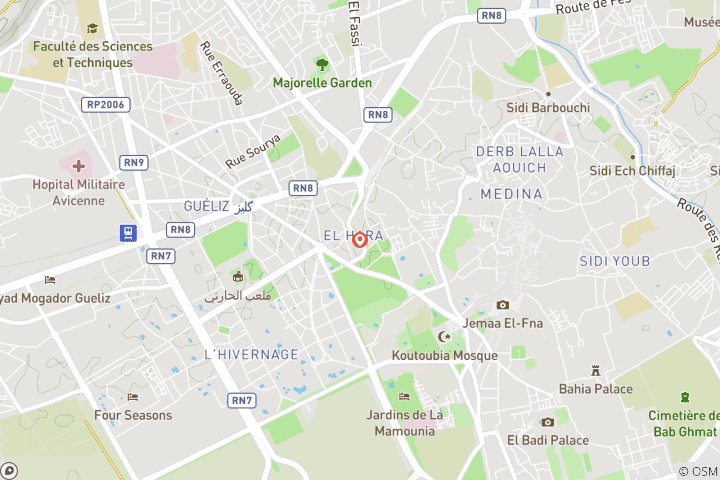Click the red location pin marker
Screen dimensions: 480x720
pos(360,240)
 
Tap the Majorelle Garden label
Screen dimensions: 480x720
pos(322,83)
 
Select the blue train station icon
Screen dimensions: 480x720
pos(128,233)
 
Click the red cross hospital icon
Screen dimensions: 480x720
pos(79,163)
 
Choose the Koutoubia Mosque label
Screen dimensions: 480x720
pos(445,355)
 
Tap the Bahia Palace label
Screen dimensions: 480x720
pos(596,388)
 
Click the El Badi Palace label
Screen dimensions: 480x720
pos(547,439)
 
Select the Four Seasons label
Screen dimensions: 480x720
pos(133,415)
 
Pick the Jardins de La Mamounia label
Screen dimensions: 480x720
pos(404,423)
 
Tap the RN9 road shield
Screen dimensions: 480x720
pos(133,162)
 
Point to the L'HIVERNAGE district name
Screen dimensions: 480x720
pos(251,354)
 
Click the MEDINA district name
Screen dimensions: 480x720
pos(511,194)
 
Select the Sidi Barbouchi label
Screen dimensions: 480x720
pos(548,107)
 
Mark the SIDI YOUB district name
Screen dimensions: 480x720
pos(614,261)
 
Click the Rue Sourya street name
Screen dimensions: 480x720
pos(252,152)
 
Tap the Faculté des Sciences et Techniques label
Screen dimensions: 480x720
pos(93,54)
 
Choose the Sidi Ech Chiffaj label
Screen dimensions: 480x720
pos(633,171)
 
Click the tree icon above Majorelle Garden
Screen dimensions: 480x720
pos(321,64)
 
